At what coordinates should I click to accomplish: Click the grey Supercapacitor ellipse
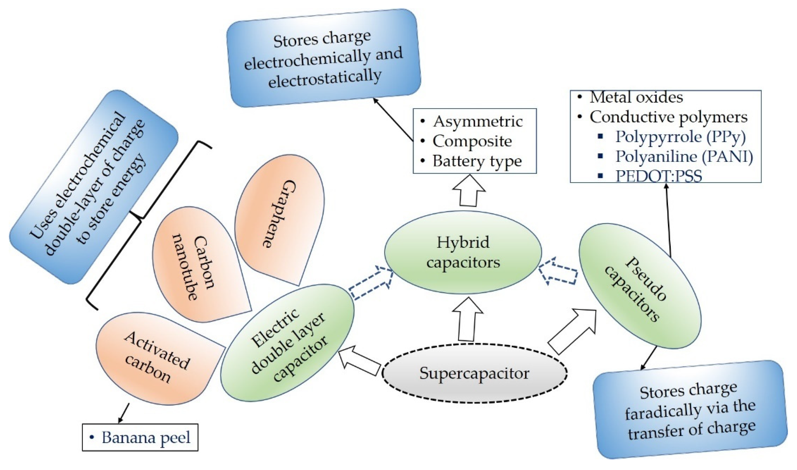point(474,373)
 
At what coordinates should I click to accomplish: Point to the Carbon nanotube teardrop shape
point(196,266)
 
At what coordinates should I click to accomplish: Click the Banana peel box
point(140,437)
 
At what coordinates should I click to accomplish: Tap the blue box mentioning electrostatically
point(324,58)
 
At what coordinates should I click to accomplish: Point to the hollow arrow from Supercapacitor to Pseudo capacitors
point(573,333)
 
